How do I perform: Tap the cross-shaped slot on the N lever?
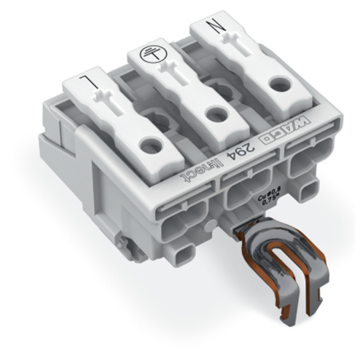[x=241, y=50]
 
